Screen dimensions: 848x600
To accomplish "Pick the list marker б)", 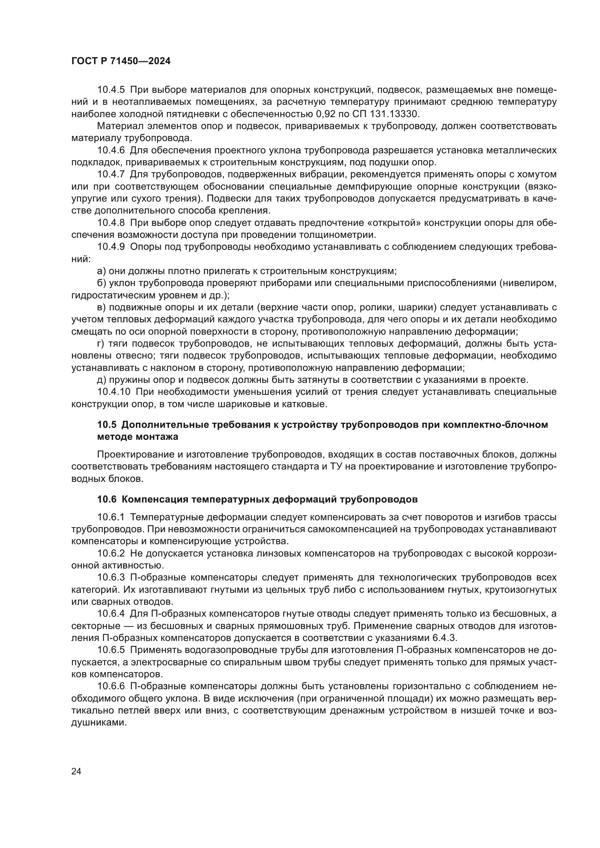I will click(102, 283).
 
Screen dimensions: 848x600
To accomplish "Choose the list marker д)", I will click(102, 380).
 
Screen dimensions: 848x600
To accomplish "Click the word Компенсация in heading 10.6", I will click(153, 500).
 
